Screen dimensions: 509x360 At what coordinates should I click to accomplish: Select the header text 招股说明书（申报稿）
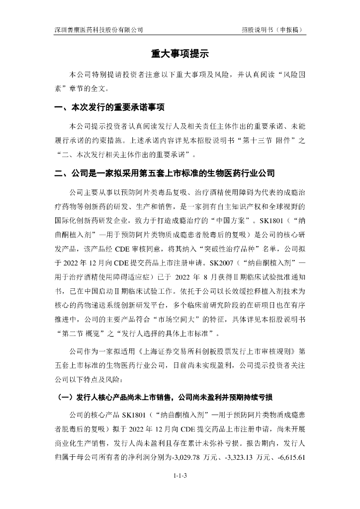[x=272, y=29]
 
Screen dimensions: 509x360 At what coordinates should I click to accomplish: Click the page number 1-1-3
[x=180, y=476]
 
